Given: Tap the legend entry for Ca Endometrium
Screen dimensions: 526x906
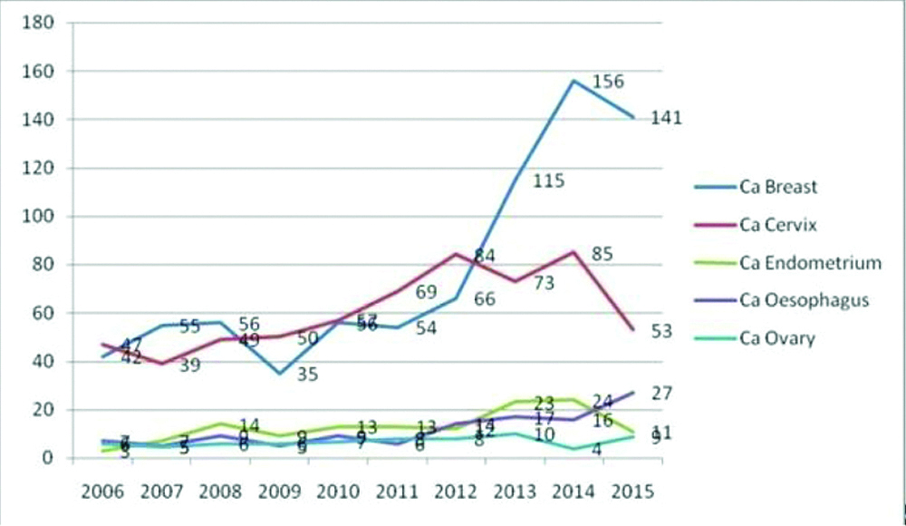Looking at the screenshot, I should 797,263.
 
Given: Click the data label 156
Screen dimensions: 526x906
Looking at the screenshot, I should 609,82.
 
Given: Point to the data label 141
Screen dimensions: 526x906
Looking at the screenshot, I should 666,119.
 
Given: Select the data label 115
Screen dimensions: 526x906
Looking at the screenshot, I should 549,180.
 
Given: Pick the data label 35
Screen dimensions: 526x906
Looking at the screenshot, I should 308,373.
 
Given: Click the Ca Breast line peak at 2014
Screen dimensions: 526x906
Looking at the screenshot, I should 573,81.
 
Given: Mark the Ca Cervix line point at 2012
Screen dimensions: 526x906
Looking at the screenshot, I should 454,254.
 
